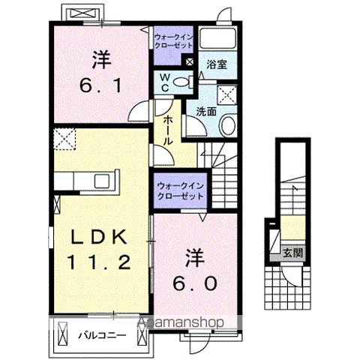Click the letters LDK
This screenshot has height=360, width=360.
tap(100, 235)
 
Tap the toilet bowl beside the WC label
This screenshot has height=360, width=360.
tap(180, 84)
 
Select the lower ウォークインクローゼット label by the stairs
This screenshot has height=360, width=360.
tap(178, 190)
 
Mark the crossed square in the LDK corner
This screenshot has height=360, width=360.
tap(64, 138)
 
